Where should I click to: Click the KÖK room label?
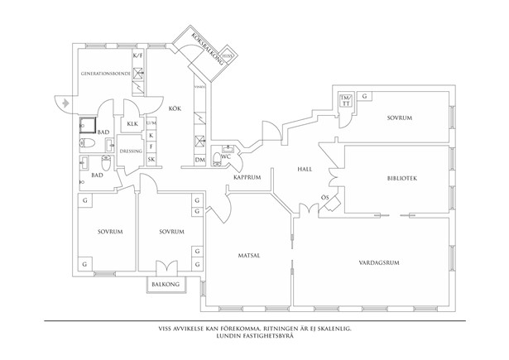click(x=175, y=108)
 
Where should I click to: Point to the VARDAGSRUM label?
click(x=380, y=262)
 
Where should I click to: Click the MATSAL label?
click(x=248, y=255)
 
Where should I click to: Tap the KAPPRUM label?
click(x=247, y=177)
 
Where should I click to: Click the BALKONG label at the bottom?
click(x=166, y=284)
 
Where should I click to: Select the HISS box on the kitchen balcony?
click(x=238, y=57)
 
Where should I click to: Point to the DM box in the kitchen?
click(x=199, y=159)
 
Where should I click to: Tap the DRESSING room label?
click(x=132, y=151)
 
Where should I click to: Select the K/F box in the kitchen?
click(x=138, y=56)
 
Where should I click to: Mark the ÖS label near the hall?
click(x=325, y=196)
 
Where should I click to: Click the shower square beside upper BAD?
click(x=85, y=126)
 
